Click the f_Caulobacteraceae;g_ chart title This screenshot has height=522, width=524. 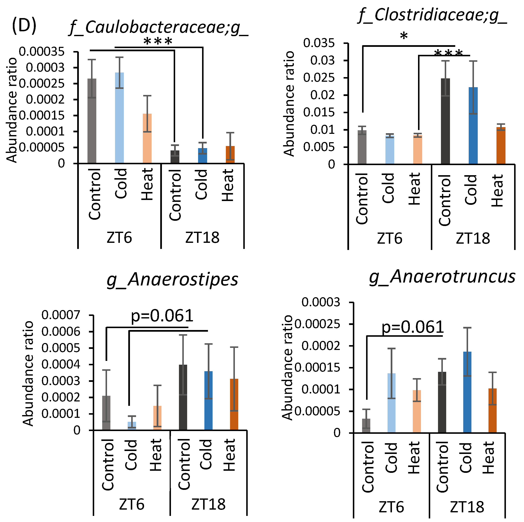159,28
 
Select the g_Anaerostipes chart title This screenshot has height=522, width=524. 172,280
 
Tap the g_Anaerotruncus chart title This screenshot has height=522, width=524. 442,277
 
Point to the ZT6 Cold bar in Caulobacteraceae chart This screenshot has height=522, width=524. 119,118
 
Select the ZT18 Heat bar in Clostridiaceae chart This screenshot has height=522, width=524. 501,146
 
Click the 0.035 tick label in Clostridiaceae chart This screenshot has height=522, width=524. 319,43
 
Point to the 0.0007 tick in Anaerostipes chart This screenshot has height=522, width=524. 61,315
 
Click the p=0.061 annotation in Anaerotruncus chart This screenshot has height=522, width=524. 412,327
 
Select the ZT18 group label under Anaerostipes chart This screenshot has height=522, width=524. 208,504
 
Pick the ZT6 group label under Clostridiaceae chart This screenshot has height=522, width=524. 389,239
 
